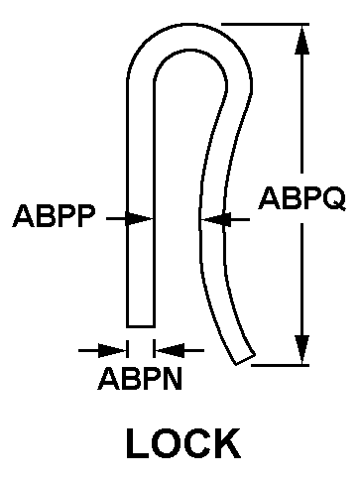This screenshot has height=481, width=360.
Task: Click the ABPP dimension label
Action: point(54,216)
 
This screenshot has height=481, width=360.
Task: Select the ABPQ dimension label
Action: point(301,199)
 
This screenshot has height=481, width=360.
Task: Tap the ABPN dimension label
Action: point(140,379)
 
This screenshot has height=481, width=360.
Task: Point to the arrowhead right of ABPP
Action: point(139,218)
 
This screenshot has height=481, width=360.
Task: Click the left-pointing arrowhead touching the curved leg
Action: point(215,219)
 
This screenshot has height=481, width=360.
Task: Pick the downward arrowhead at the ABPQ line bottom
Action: point(301,350)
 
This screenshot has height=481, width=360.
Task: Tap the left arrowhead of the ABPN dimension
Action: point(112,350)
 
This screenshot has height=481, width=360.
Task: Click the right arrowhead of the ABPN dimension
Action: point(170,350)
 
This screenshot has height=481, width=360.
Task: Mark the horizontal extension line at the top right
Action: point(265,24)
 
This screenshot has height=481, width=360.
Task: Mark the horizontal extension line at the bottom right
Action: point(281,365)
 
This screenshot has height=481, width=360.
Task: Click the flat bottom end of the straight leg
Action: point(141,326)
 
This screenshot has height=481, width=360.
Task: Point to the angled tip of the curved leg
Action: point(245,360)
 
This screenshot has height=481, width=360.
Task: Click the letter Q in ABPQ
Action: point(333,200)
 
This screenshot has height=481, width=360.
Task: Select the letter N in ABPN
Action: point(172,379)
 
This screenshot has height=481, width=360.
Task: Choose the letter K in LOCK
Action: point(228,443)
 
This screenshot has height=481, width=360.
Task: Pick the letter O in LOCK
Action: point(167,443)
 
